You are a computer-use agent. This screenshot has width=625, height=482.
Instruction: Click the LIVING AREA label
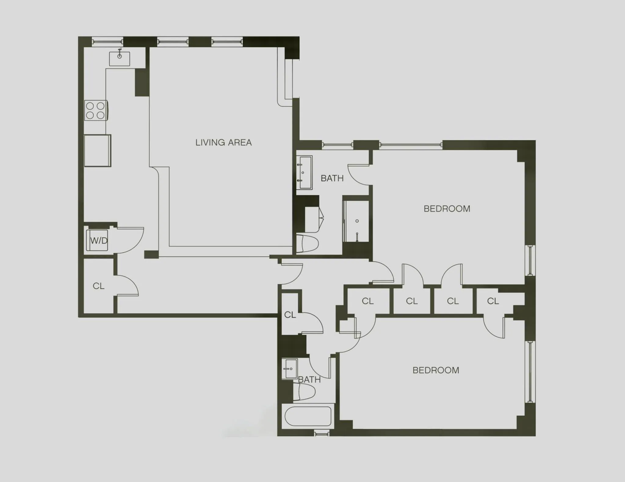click(223, 143)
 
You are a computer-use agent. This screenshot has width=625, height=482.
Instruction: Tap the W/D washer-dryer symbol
click(97, 240)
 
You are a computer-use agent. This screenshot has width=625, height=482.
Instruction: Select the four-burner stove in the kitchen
click(96, 110)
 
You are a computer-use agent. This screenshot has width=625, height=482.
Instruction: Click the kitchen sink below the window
click(120, 58)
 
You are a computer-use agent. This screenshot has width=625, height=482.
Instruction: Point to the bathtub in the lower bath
click(308, 416)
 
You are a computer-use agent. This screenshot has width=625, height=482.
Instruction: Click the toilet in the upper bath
click(307, 243)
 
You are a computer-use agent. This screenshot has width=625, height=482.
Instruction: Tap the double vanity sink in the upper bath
click(305, 172)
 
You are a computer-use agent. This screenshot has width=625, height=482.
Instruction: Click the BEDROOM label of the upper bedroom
click(447, 209)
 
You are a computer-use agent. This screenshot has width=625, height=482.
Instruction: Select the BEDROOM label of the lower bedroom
click(436, 370)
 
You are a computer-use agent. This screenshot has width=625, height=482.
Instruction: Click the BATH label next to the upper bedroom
click(332, 178)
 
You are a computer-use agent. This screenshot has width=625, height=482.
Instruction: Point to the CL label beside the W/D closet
click(99, 286)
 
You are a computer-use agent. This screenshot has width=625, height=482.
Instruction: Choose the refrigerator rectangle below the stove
click(98, 151)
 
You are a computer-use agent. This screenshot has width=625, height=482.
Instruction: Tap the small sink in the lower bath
click(290, 369)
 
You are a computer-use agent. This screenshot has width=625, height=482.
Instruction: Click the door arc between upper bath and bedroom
click(359, 175)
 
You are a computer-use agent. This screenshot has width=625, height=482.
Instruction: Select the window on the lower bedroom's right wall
click(530, 371)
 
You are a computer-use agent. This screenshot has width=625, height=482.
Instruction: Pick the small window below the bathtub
click(322, 433)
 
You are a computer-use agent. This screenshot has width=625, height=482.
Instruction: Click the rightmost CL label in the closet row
click(493, 301)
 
